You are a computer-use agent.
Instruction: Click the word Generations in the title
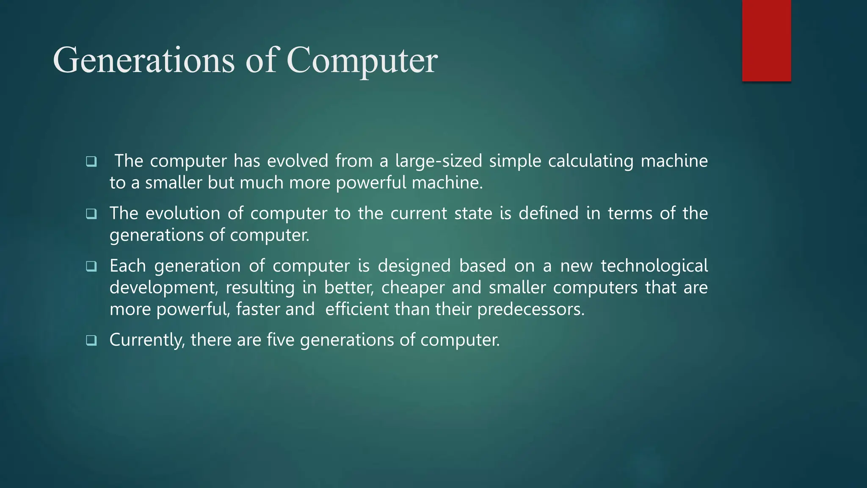[x=144, y=60]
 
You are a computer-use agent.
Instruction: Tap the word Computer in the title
[x=362, y=60]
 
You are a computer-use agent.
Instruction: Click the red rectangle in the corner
[x=766, y=41]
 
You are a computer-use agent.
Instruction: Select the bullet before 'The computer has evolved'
[x=91, y=161]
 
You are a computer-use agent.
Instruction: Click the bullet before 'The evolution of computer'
[x=91, y=214]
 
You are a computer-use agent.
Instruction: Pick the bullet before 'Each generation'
[x=91, y=266]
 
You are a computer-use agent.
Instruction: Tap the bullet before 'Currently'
[x=91, y=340]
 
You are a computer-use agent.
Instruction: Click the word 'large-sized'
[x=439, y=161]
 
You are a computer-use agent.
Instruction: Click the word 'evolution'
[x=183, y=213]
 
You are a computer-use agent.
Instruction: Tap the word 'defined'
[x=548, y=213]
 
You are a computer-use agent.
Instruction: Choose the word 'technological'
[x=654, y=266]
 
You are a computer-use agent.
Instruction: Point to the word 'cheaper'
[x=413, y=288]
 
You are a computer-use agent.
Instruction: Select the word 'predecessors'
[x=530, y=309]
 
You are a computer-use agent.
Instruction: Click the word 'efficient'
[x=356, y=309]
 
